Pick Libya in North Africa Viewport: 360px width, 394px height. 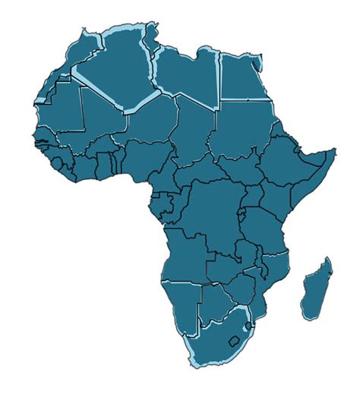[x=186, y=76]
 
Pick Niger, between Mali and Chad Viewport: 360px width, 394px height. [x=152, y=121]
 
